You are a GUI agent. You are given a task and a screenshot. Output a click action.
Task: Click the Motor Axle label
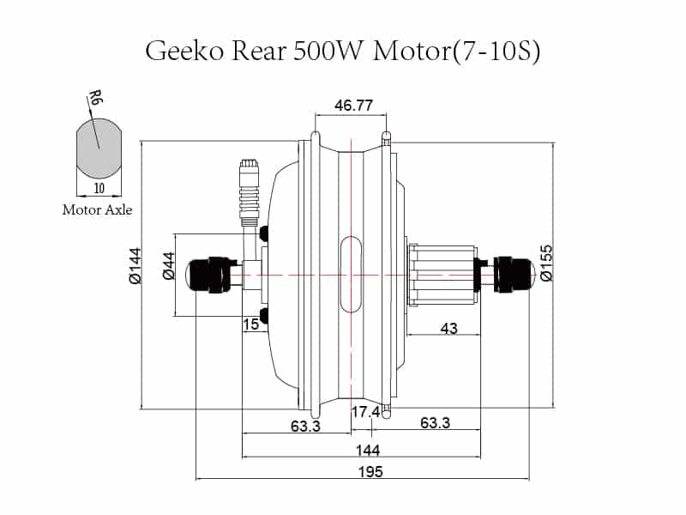click(97, 209)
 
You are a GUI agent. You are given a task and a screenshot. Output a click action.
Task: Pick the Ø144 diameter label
click(135, 265)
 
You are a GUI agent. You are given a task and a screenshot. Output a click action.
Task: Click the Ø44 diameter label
click(168, 266)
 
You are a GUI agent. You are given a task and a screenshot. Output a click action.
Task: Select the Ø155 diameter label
click(545, 264)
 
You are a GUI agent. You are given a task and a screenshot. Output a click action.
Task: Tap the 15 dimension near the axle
click(250, 324)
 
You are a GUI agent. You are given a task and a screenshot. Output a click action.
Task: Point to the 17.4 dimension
click(365, 412)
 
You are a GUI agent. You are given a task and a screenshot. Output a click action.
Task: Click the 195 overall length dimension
click(370, 471)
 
